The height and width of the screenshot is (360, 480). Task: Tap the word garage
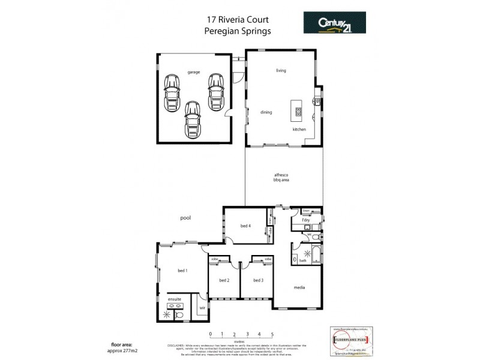[193, 71]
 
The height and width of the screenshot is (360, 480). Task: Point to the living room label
[281, 71]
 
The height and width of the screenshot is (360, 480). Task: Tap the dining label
[266, 112]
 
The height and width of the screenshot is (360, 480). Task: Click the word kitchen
[299, 130]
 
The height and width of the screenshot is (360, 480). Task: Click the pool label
[185, 218]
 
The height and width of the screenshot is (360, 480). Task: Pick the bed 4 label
[245, 226]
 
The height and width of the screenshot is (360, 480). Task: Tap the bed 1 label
[182, 271]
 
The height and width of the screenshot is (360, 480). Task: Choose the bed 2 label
[224, 280]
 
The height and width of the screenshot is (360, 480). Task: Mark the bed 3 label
[257, 280]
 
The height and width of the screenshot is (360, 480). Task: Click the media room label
[299, 287]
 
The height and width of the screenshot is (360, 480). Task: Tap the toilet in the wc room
[316, 236]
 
